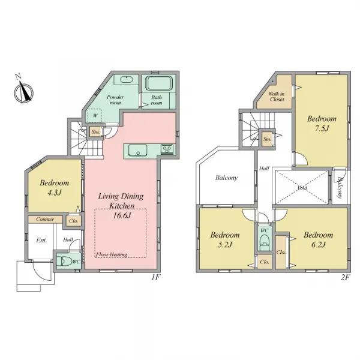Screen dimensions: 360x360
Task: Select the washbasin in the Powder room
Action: [127, 80]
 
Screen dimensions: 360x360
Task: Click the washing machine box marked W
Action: [94, 115]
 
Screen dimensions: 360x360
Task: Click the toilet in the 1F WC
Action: [64, 261]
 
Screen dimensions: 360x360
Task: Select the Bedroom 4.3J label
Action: [55, 187]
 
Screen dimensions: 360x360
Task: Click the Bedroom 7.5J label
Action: [321, 123]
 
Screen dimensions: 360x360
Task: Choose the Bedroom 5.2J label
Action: [226, 240]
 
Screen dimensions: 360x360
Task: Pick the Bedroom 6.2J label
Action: [319, 240]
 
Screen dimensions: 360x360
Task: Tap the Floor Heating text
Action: [112, 254]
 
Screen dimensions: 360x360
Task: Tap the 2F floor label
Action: [345, 278]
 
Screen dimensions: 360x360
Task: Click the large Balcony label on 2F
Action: [226, 178]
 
